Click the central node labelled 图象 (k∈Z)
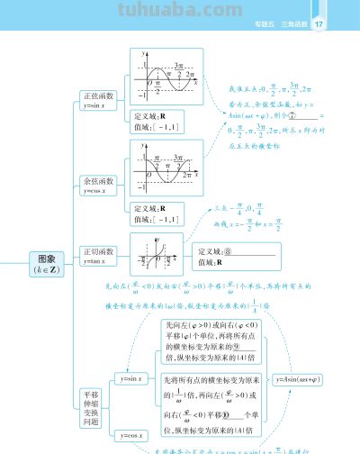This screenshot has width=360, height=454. (42, 263)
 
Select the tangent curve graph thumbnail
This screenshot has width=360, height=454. (158, 255)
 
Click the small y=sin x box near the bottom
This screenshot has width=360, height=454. (132, 379)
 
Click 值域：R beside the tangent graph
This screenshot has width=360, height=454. (211, 263)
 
